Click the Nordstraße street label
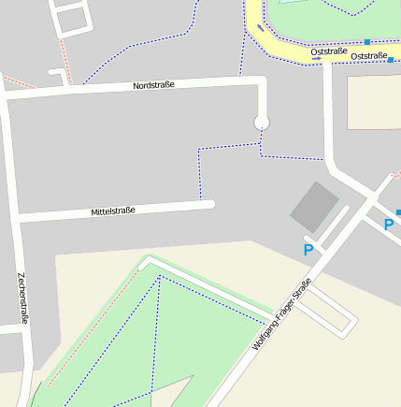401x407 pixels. pos(153,85)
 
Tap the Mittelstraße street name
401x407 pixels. pos(113,211)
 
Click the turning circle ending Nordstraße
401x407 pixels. pos(262,122)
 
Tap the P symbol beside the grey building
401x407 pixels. pos(308,250)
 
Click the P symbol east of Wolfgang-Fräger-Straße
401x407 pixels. pos(389,225)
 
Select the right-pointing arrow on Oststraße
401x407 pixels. pos(316,57)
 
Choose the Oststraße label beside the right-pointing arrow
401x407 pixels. pos(369,56)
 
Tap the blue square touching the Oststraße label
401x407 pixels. pos(391,59)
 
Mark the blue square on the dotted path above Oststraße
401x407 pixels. pos(367,41)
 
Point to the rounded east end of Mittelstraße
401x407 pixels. pos(211,204)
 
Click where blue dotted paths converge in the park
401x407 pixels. pos(160,276)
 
